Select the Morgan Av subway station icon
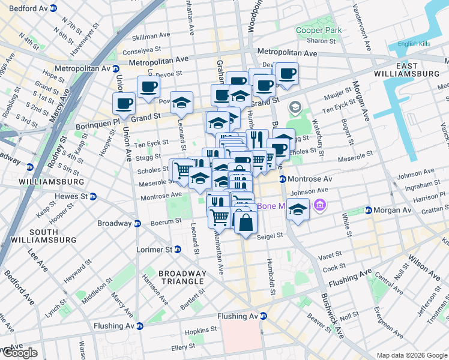click(369, 210)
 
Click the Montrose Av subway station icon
click(282, 179)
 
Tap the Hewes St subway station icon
click(93, 196)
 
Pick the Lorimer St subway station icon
click(178, 249)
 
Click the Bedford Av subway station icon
click(53, 8)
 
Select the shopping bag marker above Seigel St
click(246, 221)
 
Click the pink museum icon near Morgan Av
click(319, 206)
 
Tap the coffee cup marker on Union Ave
click(124, 103)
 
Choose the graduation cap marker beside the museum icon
click(298, 209)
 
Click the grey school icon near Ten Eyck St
click(295, 107)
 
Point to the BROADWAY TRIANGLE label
click(182, 278)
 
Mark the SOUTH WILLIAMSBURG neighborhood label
click(52, 236)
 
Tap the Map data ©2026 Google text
click(411, 355)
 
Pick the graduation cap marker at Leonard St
click(181, 103)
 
